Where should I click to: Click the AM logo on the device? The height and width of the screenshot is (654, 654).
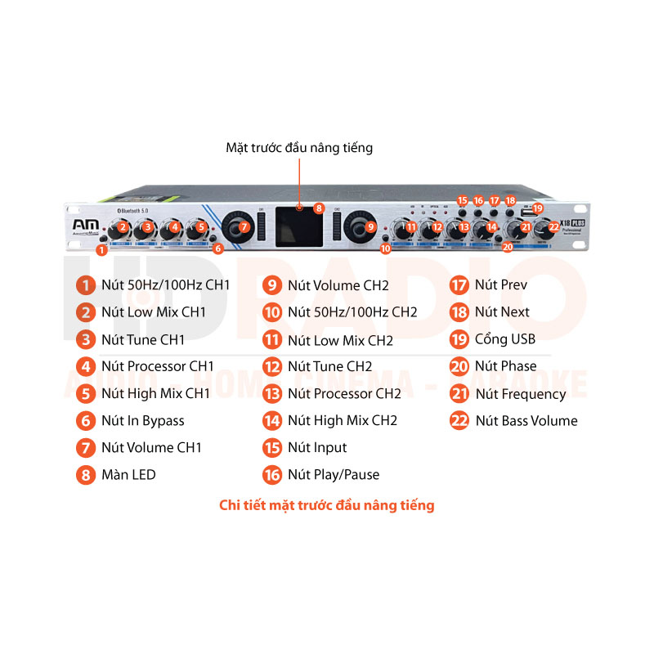[80, 226]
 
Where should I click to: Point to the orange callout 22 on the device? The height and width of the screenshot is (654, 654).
[554, 227]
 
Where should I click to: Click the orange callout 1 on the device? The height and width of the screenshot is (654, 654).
[101, 250]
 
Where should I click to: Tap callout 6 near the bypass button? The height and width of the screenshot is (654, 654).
[217, 249]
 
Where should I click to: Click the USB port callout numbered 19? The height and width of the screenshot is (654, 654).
[537, 208]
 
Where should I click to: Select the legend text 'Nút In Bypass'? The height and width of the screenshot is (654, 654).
[143, 421]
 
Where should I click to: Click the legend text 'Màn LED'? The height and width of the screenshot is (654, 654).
[128, 474]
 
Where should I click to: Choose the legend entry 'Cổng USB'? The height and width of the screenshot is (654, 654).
[504, 338]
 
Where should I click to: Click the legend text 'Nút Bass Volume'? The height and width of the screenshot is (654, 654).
[526, 421]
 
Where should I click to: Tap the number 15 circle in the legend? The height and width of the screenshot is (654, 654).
[272, 447]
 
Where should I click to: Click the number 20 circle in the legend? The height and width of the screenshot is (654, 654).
[459, 366]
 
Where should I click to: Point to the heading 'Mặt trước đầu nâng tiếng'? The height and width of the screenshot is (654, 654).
[299, 148]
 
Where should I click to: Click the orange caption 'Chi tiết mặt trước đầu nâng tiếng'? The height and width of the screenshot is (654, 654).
[327, 505]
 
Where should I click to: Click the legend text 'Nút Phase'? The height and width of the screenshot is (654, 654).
[506, 366]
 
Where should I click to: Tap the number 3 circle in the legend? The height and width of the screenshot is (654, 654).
[86, 339]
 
